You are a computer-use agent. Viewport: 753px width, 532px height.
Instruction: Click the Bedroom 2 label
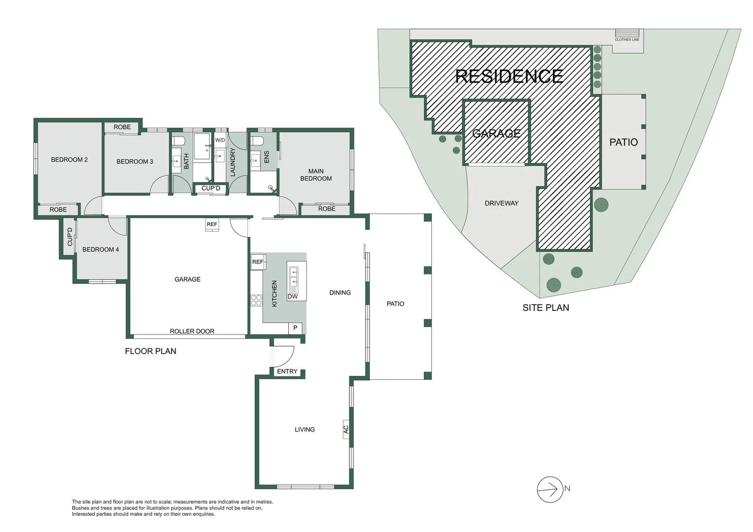69,160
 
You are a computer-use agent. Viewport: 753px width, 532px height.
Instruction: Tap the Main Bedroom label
316,175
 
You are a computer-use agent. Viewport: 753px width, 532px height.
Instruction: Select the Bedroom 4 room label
101,249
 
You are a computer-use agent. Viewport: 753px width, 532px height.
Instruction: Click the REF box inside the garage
212,225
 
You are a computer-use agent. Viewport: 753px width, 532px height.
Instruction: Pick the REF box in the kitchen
258,262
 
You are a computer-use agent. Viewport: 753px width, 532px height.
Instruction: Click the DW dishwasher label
293,297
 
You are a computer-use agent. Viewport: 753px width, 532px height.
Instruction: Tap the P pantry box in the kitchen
295,328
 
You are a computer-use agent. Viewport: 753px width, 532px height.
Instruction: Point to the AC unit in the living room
346,430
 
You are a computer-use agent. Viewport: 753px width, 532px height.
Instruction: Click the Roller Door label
192,331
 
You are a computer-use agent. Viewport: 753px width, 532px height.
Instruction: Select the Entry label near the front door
287,371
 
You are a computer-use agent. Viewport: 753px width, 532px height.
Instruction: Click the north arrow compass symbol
549,489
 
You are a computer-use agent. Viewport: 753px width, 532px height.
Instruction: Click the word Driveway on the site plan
501,203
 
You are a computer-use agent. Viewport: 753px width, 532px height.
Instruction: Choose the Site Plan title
546,307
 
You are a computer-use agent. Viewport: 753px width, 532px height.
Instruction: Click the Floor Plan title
150,351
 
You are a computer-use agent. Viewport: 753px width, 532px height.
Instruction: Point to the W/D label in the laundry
220,140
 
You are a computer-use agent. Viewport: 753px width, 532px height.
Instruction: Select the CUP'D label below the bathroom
211,188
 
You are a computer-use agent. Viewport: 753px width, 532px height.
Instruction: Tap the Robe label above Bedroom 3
122,127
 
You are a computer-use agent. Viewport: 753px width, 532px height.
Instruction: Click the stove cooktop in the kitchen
256,300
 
